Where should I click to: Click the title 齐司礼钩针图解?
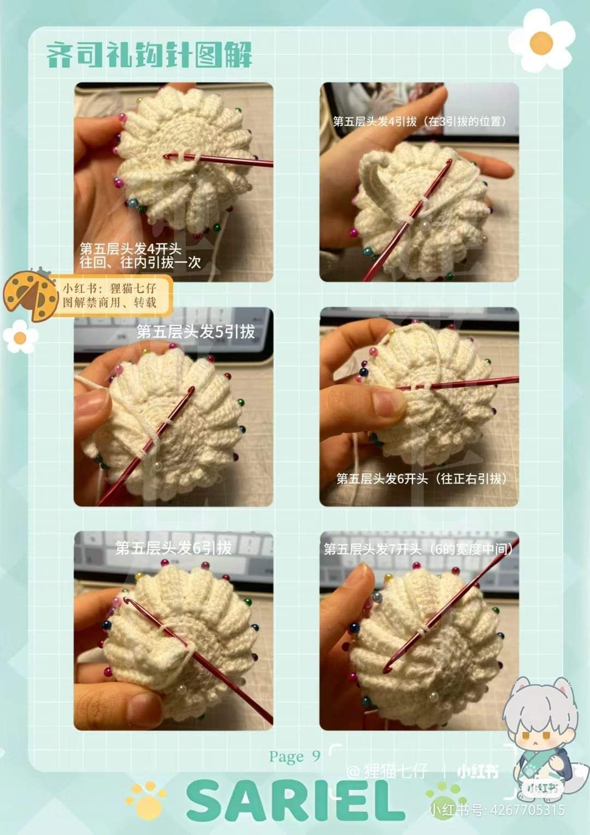point(149,55)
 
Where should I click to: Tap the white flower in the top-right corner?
point(541,42)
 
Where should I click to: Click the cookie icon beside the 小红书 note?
point(30,295)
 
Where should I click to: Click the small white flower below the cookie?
point(20,337)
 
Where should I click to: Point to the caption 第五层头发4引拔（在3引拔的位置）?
point(419,121)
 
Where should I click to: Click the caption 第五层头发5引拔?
point(196,332)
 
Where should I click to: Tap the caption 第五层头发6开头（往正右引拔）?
point(421,479)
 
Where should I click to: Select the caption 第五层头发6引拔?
point(174,548)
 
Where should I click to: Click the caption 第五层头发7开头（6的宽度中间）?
point(419,549)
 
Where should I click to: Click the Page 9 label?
point(294,756)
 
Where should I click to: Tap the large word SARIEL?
point(296,801)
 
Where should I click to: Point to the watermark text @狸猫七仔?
point(387,772)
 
